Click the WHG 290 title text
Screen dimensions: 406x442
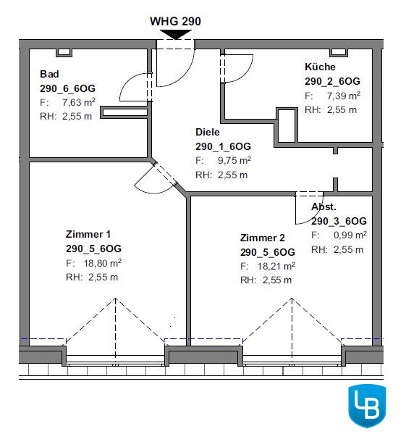click(175, 22)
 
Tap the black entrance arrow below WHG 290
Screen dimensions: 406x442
click(176, 34)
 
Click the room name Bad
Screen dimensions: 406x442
click(49, 74)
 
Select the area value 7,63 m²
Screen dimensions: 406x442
click(79, 102)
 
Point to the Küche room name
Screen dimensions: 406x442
click(320, 67)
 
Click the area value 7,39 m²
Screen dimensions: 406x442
click(344, 96)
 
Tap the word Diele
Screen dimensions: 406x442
click(208, 132)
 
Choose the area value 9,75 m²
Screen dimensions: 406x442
click(234, 160)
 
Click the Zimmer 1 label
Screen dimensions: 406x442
click(88, 234)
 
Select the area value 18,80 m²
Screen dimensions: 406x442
click(103, 263)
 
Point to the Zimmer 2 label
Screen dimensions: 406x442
click(263, 238)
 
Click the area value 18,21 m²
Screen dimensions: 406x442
click(276, 266)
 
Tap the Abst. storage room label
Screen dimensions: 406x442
click(323, 207)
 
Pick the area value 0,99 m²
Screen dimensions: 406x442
click(350, 235)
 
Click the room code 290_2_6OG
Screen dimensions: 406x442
click(332, 81)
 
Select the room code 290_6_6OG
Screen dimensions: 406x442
click(67, 88)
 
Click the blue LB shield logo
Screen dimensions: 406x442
click(367, 406)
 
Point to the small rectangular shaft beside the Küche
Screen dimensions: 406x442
click(287, 126)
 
